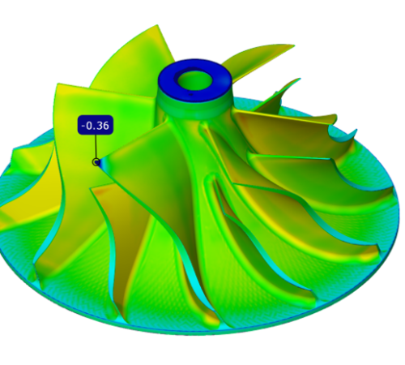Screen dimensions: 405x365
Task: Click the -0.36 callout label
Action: [x=96, y=125]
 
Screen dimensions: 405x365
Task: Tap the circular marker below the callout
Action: [x=96, y=162]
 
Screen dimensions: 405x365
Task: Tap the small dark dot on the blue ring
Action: [x=191, y=95]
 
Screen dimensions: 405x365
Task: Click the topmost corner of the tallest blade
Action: [x=157, y=25]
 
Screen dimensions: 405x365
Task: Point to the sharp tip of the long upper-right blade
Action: [x=294, y=45]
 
